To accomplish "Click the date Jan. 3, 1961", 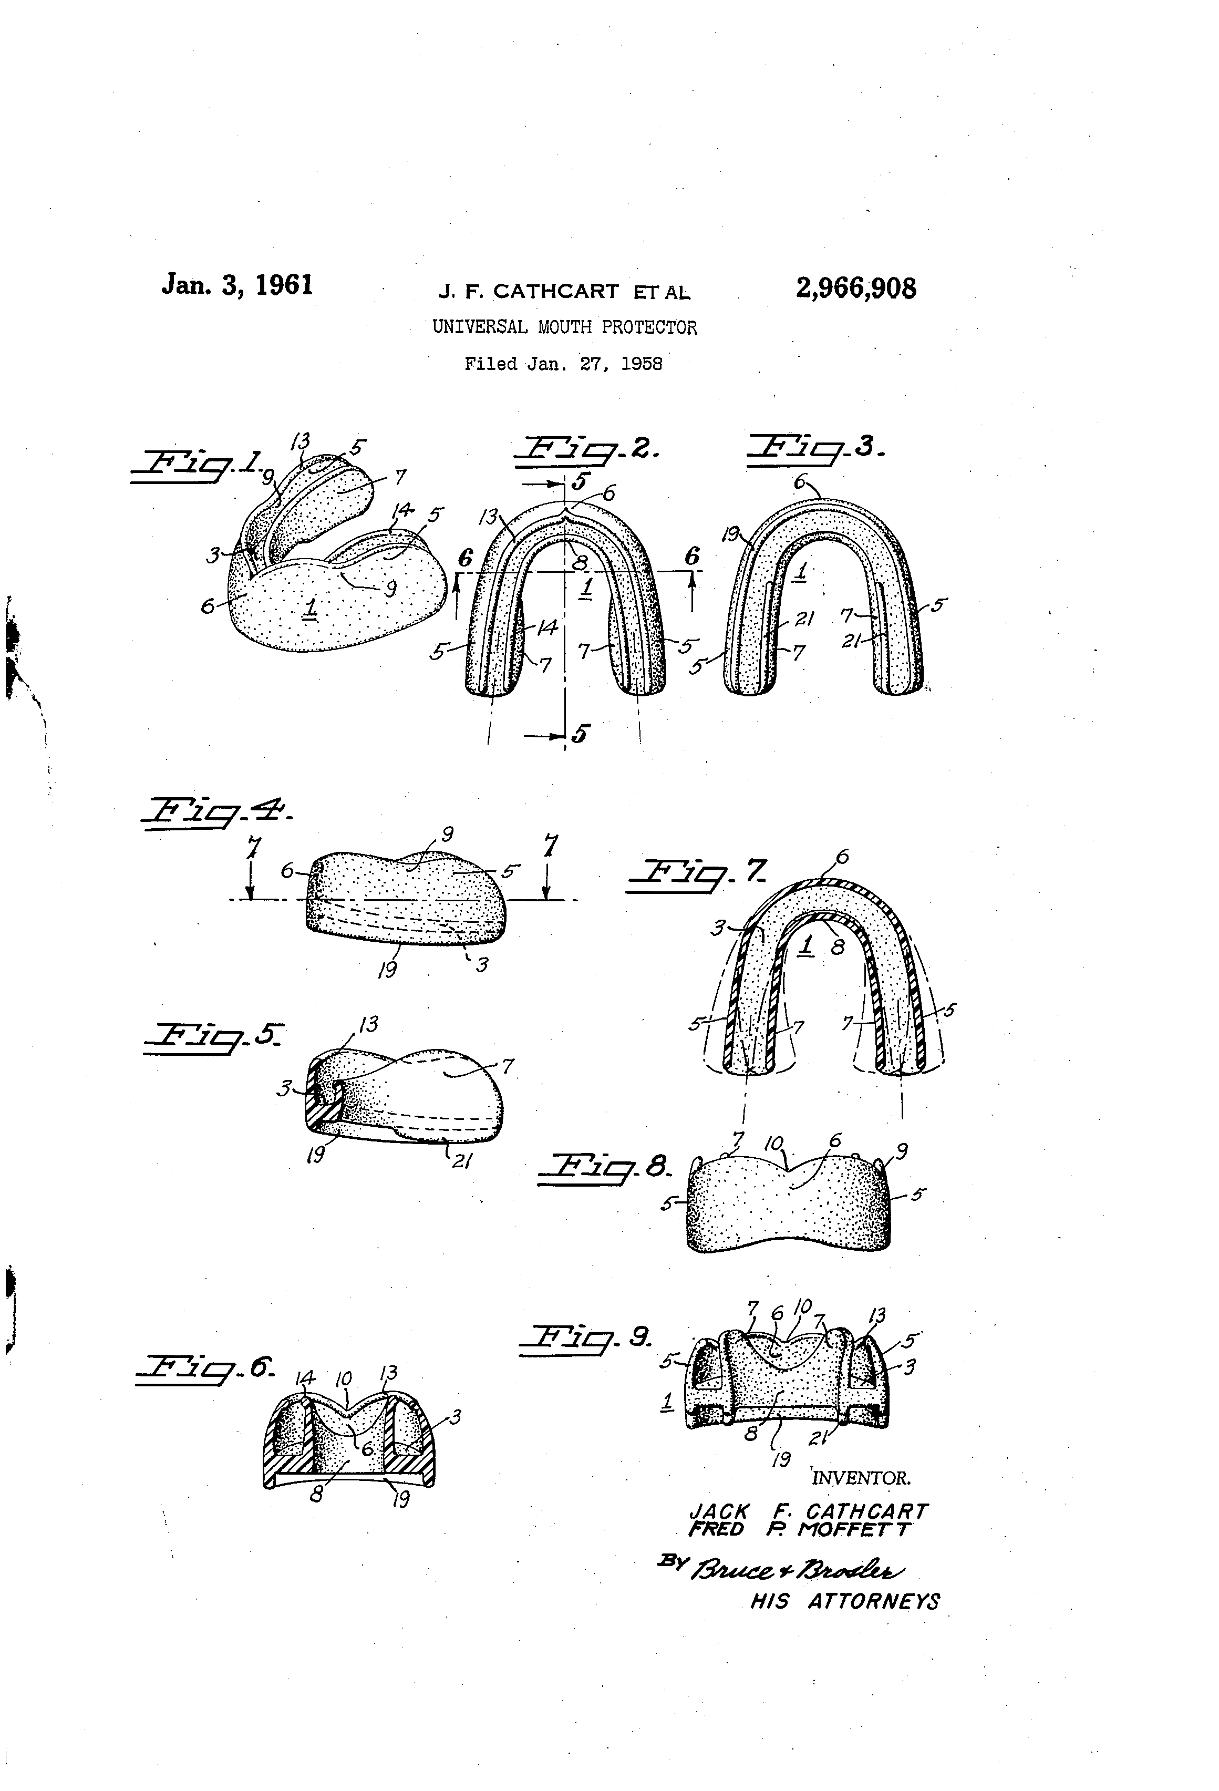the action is [237, 285].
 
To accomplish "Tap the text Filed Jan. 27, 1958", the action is [563, 364].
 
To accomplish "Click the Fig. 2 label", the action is [587, 451].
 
